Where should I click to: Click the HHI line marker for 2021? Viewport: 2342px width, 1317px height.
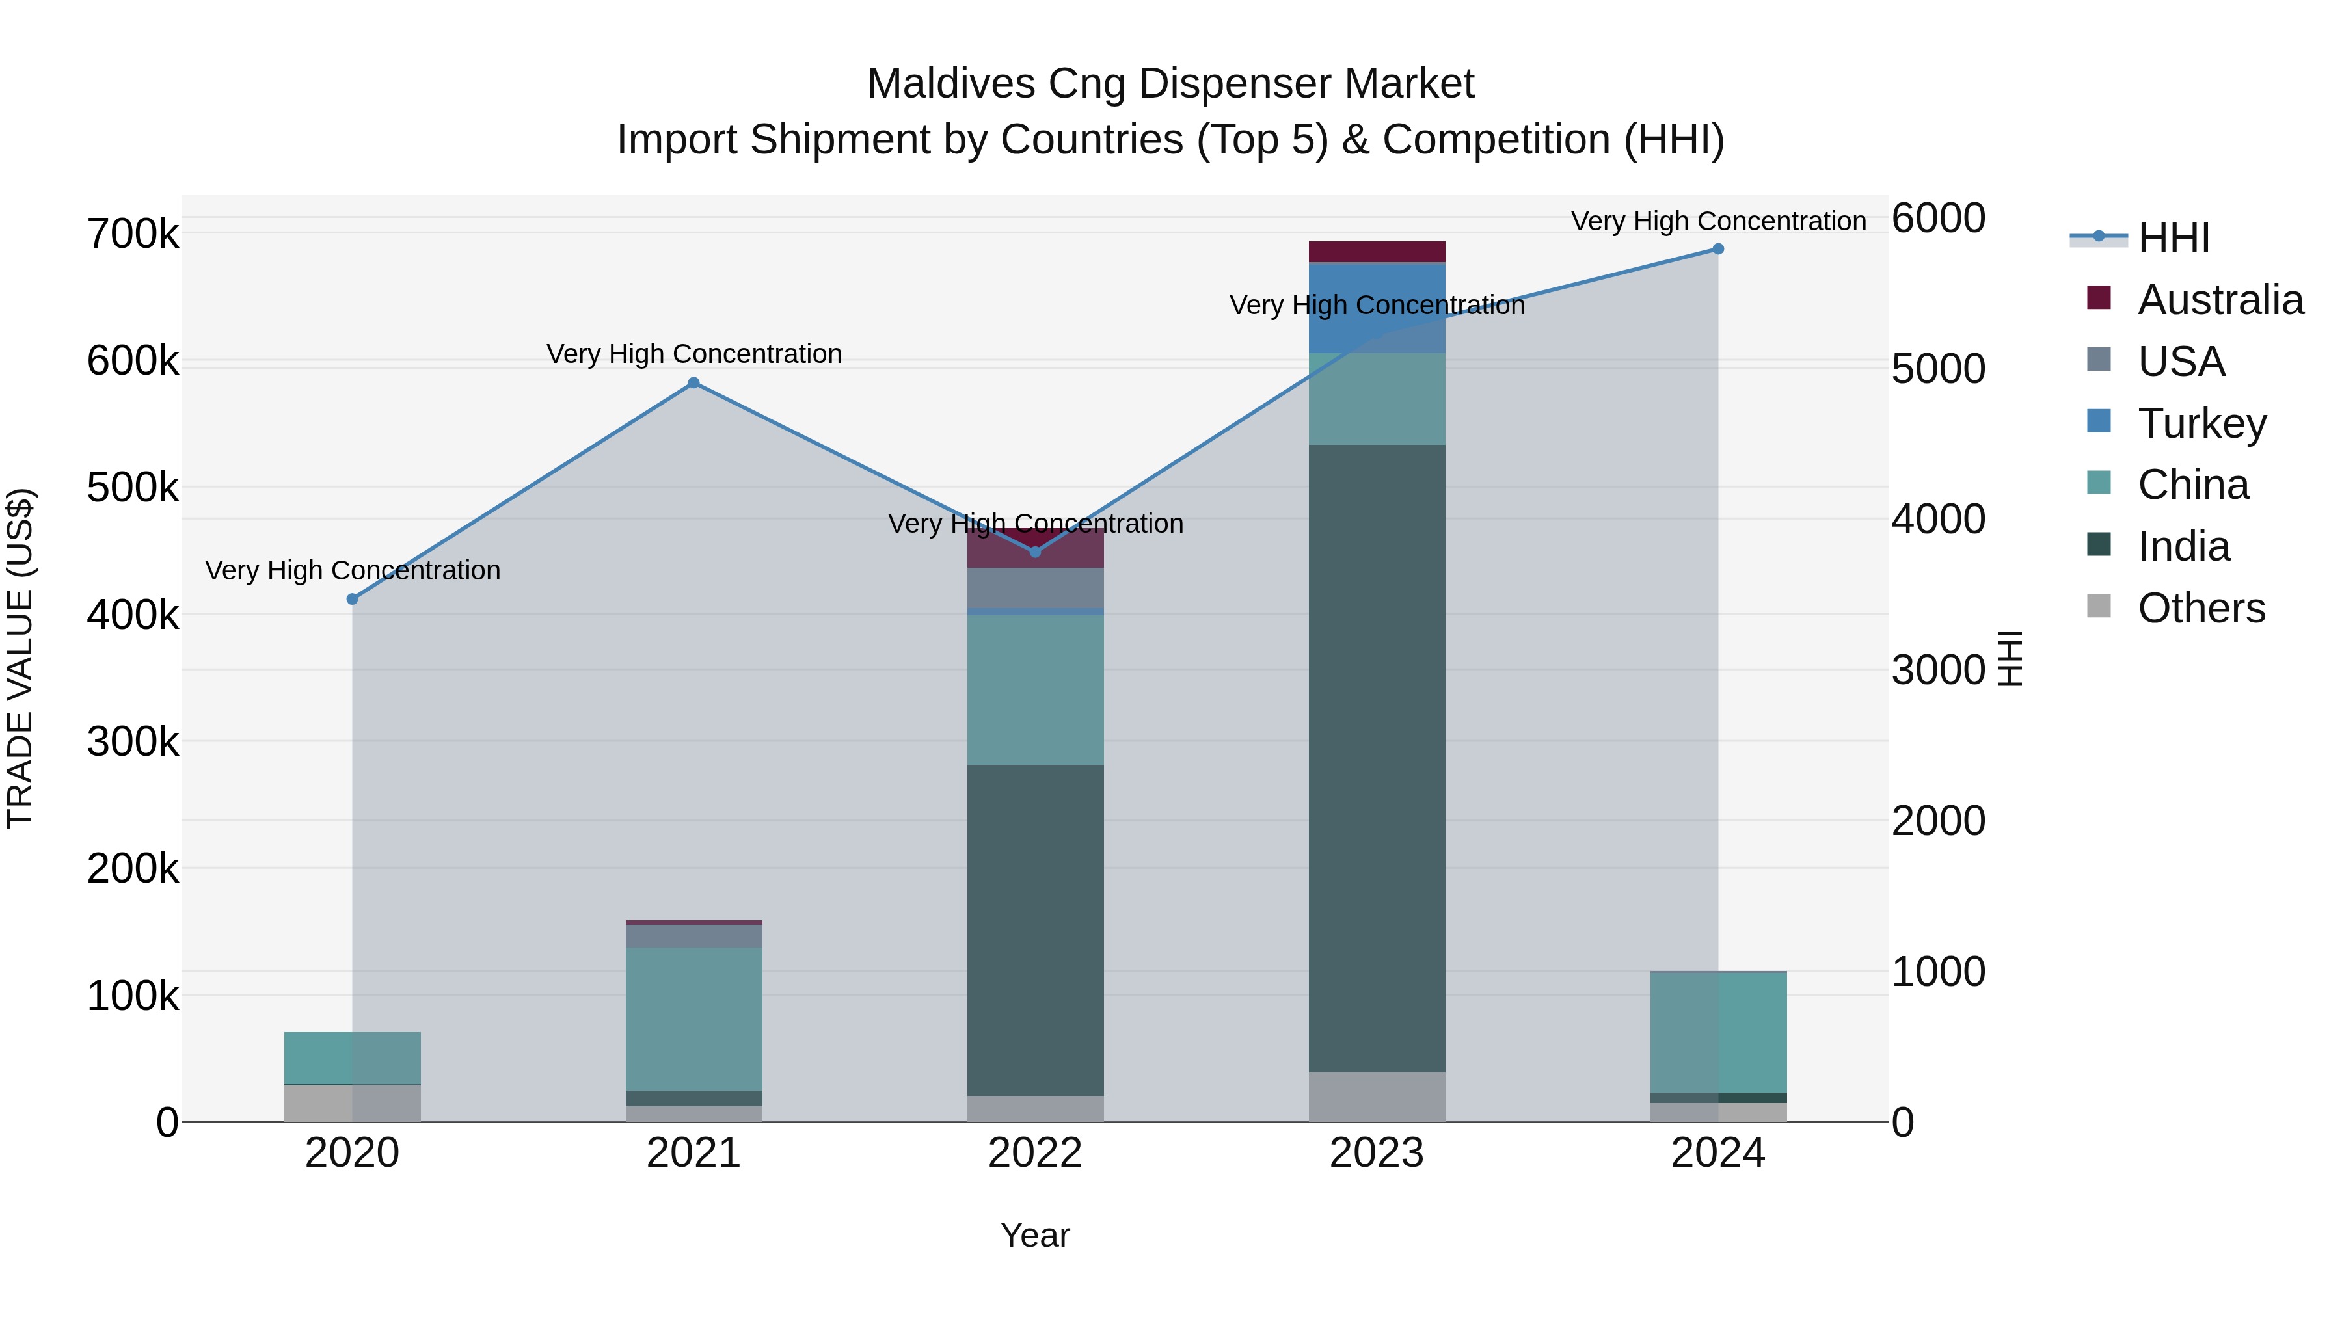[x=693, y=382]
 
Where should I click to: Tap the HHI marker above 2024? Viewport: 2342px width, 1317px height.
[x=1717, y=249]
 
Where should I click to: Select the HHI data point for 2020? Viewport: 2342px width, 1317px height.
[x=353, y=599]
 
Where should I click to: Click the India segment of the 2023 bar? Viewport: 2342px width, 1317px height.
[x=1377, y=758]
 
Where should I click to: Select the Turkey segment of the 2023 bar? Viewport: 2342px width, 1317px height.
[x=1377, y=307]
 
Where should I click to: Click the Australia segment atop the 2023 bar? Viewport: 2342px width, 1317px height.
[x=1377, y=252]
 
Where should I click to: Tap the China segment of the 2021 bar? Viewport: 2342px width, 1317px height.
[x=693, y=1018]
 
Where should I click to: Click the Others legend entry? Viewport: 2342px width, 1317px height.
[x=2200, y=608]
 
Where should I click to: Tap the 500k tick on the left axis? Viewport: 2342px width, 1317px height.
[x=133, y=488]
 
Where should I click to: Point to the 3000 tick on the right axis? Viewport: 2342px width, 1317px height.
[x=1937, y=671]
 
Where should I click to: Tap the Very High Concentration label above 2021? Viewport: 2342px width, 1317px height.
[x=693, y=354]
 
